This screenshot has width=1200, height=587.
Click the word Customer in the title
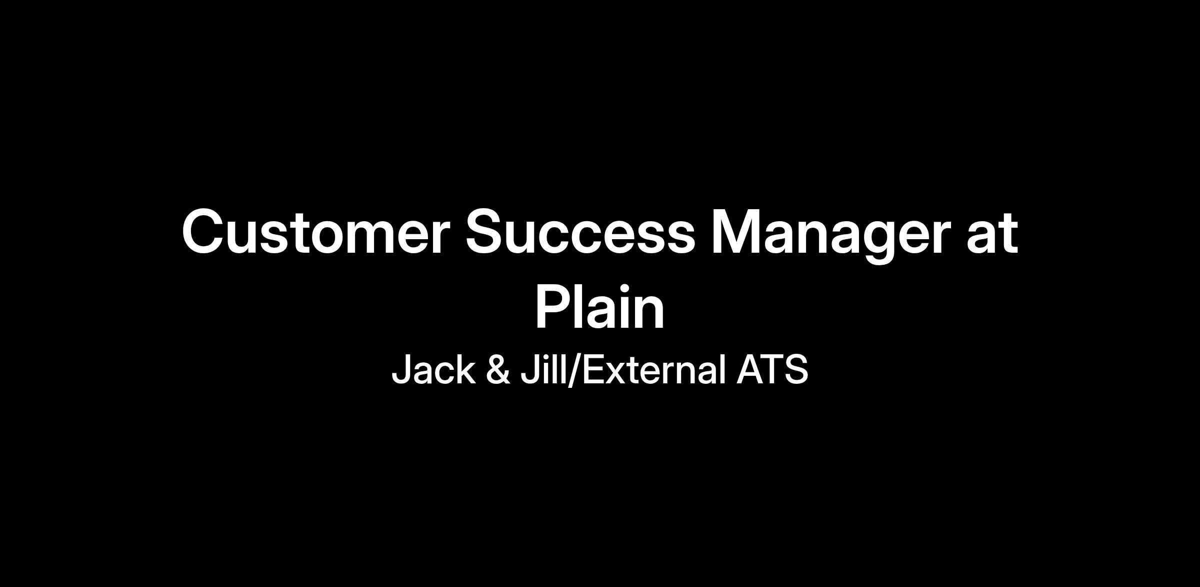313,232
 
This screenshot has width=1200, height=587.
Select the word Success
580,232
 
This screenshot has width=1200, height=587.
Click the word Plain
600,306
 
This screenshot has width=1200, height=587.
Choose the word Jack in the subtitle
433,369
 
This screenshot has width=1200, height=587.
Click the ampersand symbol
498,369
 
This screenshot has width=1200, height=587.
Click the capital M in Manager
735,232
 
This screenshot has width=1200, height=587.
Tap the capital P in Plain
554,306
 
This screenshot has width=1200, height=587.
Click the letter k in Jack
465,369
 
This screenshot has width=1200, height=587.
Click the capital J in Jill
530,370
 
